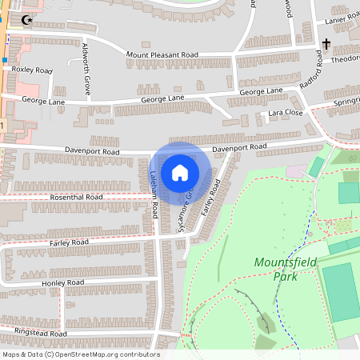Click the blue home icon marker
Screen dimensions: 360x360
(180, 172)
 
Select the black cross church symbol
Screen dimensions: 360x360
(326, 44)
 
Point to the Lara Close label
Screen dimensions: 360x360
(286, 114)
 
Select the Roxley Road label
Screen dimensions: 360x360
(32, 70)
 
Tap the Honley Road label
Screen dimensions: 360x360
(64, 283)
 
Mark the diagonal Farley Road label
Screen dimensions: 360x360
(210, 195)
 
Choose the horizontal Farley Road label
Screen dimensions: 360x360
(69, 242)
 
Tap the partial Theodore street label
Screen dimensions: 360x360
(345, 59)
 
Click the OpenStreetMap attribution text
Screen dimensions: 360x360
(81, 354)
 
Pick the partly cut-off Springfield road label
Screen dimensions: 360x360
(343, 104)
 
